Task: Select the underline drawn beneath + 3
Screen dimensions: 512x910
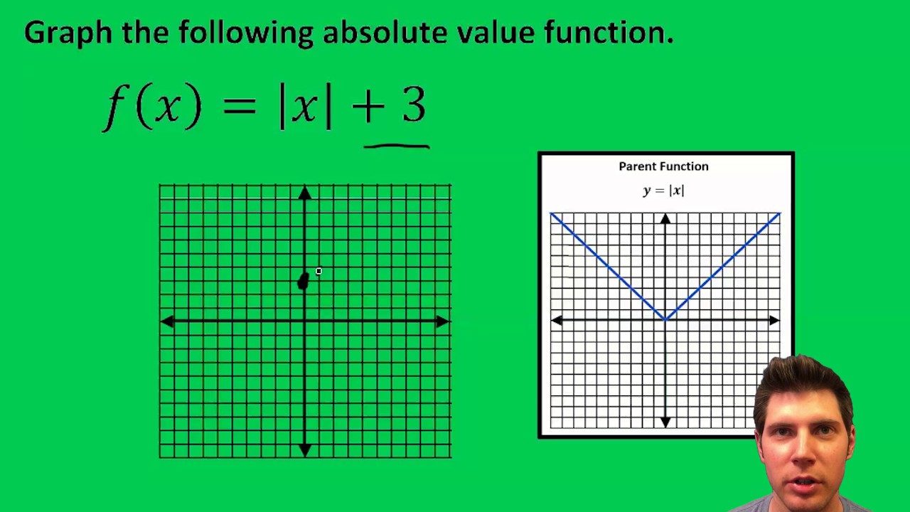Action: (x=396, y=146)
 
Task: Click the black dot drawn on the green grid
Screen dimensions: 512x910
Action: (x=303, y=281)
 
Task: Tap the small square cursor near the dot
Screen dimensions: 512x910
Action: (x=318, y=271)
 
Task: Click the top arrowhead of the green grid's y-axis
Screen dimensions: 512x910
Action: (x=305, y=193)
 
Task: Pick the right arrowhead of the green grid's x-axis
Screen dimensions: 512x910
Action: (x=441, y=322)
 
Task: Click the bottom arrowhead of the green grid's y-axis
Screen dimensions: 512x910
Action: (x=305, y=449)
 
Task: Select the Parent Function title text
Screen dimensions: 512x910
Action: (x=663, y=166)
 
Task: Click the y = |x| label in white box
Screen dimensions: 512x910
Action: (x=663, y=191)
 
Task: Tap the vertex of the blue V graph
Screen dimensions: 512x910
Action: (x=665, y=320)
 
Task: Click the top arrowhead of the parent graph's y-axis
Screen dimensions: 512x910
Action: (x=665, y=220)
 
